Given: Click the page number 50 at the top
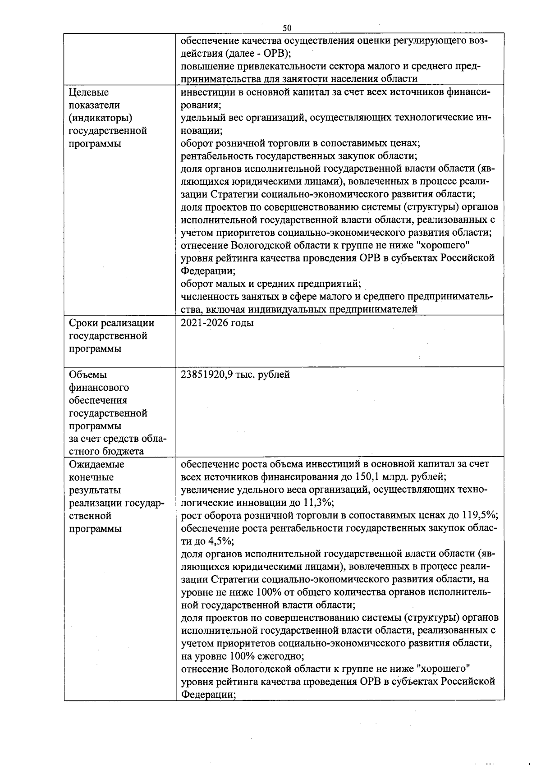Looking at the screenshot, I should coord(287,28).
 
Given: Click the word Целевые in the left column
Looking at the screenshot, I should coord(89,92).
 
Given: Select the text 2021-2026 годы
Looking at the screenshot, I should coord(217,323).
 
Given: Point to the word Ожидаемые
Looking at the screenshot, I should coord(96,464).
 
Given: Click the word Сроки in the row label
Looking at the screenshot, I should coord(84,323).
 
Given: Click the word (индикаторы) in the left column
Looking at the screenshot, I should coord(100,118).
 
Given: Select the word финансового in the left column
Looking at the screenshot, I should coord(99,387).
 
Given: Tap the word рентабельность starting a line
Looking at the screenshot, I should coord(217,156).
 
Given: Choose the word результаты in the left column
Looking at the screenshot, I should coord(95,490).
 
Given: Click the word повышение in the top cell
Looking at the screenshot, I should coord(206,67).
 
